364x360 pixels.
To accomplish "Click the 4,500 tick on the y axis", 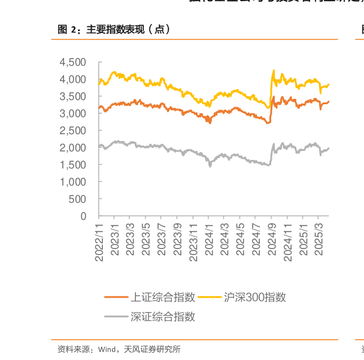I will [x=73, y=62].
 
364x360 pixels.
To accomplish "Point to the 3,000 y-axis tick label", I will [x=73, y=113].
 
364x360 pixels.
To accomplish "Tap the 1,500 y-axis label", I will [x=73, y=165].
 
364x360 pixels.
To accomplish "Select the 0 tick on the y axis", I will [x=84, y=216].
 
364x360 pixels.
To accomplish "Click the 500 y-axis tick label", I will [x=78, y=199].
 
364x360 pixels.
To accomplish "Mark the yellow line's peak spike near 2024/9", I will [x=274, y=70].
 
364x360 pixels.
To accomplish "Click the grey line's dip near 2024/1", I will [x=210, y=165].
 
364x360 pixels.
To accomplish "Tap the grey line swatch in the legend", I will [x=116, y=317].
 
